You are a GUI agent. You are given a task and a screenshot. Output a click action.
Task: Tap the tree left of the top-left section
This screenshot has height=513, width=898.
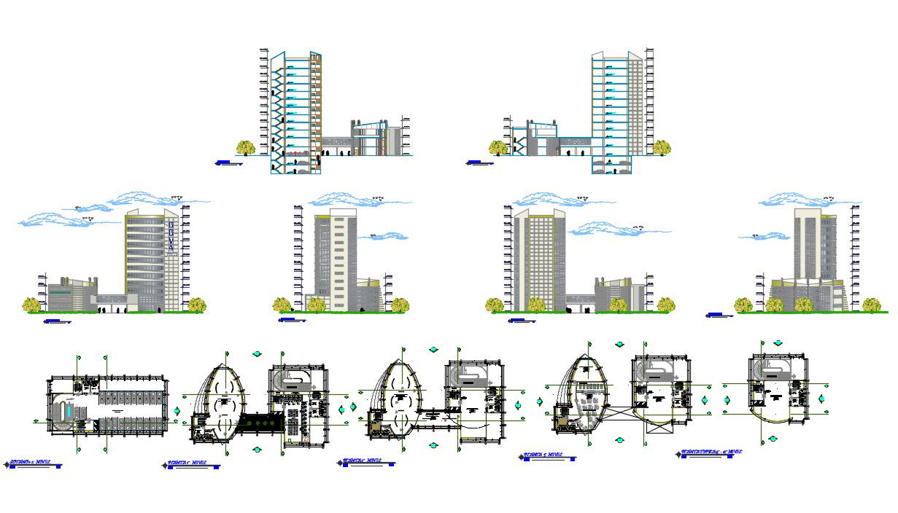click(x=246, y=148)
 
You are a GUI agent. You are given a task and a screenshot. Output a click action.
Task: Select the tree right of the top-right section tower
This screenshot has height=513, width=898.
click(x=662, y=148)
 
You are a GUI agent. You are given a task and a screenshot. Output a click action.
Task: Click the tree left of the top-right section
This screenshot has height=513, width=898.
click(x=498, y=148)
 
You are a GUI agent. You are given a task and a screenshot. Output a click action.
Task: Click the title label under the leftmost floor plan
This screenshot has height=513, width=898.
click(x=33, y=463)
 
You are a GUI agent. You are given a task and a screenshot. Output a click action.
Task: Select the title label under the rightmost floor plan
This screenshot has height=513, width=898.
click(x=711, y=453)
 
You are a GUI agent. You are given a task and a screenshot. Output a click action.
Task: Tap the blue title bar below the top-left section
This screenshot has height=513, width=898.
click(x=228, y=162)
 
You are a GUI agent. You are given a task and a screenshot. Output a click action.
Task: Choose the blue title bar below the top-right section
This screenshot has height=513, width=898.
click(x=479, y=162)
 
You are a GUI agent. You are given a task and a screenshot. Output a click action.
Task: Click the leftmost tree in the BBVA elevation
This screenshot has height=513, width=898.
click(x=32, y=305)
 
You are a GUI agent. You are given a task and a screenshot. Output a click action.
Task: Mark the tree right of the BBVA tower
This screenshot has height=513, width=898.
click(x=196, y=305)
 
